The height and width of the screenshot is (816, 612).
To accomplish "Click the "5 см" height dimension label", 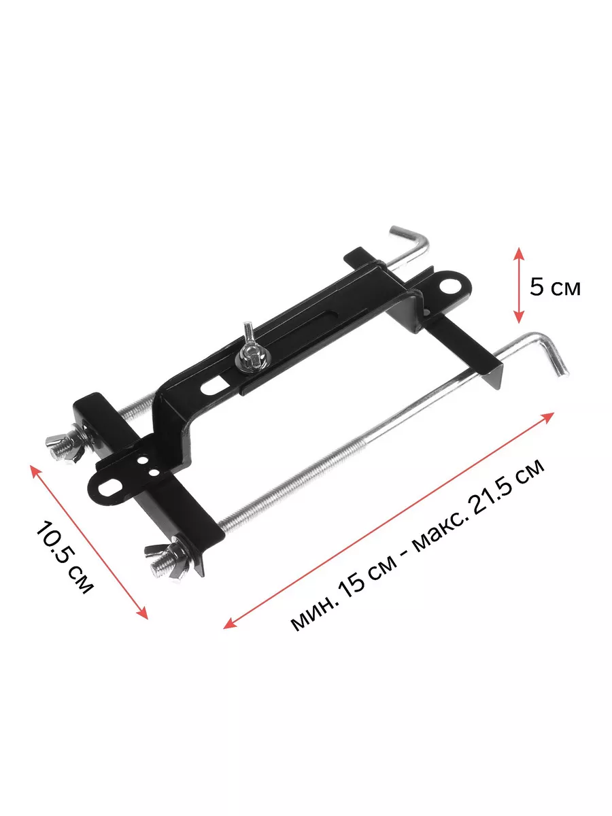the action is click(x=555, y=287).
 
